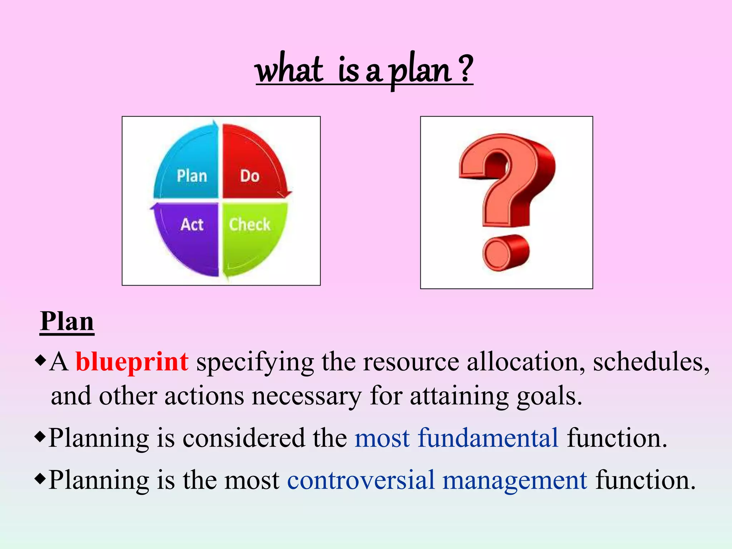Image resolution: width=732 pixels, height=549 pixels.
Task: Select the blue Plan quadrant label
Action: pos(192,176)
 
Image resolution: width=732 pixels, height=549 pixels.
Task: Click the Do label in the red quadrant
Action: pos(249,176)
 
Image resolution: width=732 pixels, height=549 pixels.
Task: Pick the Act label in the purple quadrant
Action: pos(192,224)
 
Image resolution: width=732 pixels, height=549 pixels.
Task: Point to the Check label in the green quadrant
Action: pos(249,224)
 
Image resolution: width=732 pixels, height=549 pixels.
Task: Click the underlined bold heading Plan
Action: pos(67,321)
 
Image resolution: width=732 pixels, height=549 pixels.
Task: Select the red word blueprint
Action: pos(132,362)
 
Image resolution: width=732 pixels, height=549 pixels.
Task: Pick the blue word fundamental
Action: pos(488,438)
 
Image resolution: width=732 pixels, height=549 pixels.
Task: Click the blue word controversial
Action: pos(361,480)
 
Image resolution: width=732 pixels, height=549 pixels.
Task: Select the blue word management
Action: pos(515,480)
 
